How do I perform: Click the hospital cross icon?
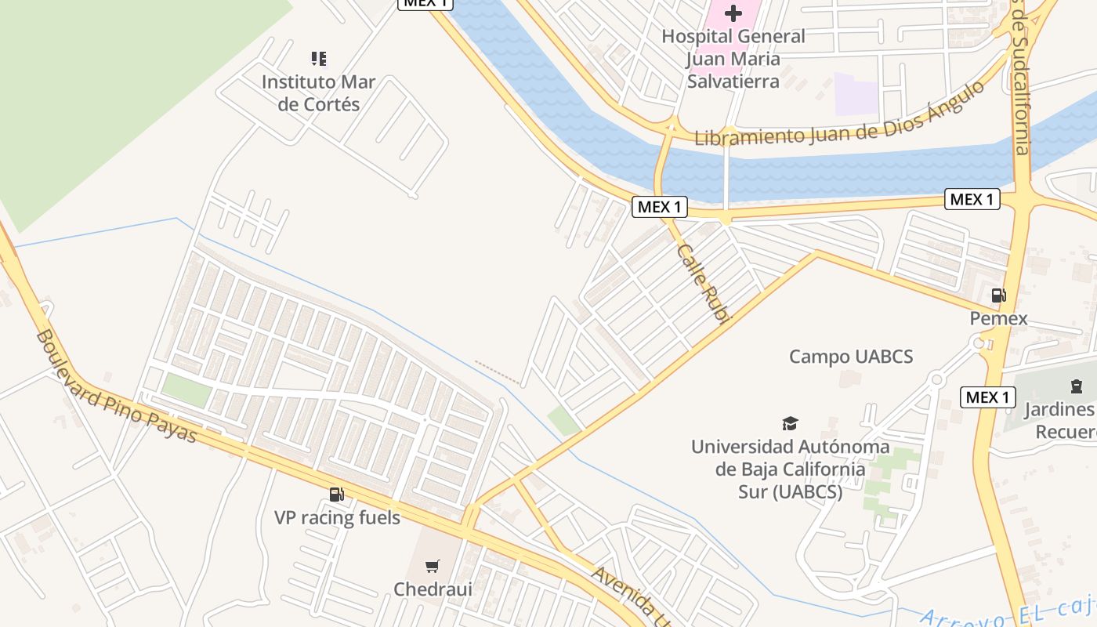point(733,13)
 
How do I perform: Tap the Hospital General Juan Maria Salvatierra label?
point(733,59)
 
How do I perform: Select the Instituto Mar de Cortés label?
point(318,93)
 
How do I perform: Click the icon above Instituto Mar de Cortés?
point(318,58)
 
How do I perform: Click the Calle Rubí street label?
point(703,283)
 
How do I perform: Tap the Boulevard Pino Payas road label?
point(116,386)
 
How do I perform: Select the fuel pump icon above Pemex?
point(998,295)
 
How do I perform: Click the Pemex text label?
point(998,319)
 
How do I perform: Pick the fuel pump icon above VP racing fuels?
point(337,494)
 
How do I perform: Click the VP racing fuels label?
point(337,518)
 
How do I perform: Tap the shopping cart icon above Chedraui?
point(432,566)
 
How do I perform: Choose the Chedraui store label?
point(433,589)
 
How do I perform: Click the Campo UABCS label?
point(851,357)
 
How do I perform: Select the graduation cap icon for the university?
point(790,424)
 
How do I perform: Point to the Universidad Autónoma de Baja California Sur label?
point(790,469)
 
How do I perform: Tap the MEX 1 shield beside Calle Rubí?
point(660,207)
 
